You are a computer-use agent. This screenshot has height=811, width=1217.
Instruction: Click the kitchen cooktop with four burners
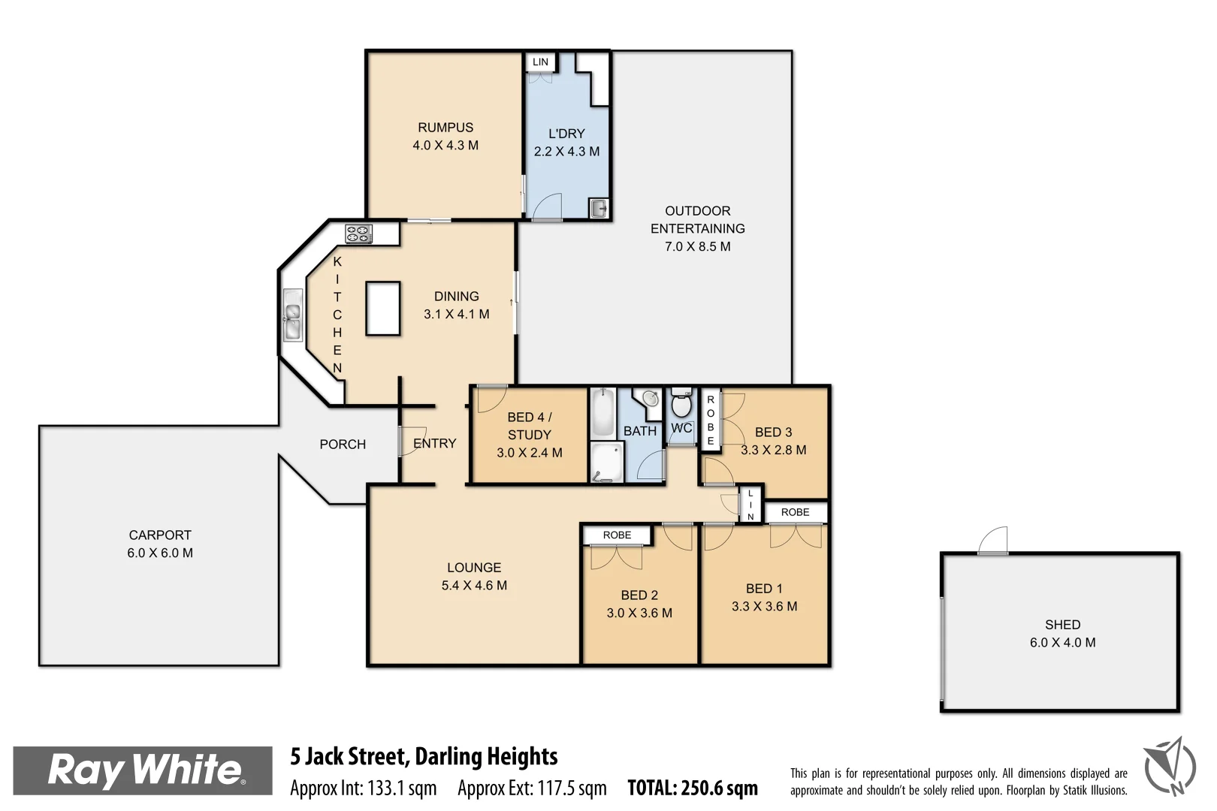click(x=358, y=234)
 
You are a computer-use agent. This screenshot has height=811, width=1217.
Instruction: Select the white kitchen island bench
click(x=383, y=308)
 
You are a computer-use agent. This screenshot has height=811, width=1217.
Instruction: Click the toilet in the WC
click(x=681, y=405)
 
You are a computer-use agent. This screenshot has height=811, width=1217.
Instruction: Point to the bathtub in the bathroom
click(x=602, y=412)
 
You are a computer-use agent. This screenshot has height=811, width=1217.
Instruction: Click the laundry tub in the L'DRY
click(x=599, y=209)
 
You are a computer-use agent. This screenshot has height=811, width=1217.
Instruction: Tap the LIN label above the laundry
click(x=540, y=62)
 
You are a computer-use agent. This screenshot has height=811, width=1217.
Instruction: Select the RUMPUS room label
click(x=445, y=128)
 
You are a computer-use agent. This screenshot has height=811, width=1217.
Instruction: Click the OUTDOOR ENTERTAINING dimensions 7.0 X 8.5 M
click(x=697, y=246)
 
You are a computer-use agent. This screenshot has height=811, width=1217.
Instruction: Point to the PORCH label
click(x=343, y=445)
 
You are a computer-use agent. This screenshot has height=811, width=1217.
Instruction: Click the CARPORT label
click(x=160, y=535)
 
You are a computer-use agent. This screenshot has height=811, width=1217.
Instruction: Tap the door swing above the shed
click(x=994, y=541)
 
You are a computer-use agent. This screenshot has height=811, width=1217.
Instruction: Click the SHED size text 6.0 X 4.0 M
click(x=1062, y=643)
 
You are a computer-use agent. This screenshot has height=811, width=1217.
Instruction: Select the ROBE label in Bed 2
click(x=617, y=535)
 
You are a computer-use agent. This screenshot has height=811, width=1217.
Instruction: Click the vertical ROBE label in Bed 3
click(x=711, y=421)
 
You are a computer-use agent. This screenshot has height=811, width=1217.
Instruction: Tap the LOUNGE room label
click(x=474, y=568)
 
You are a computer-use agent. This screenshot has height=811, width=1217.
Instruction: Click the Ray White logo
click(x=143, y=770)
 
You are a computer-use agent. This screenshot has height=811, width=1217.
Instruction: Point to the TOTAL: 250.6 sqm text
click(x=693, y=788)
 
